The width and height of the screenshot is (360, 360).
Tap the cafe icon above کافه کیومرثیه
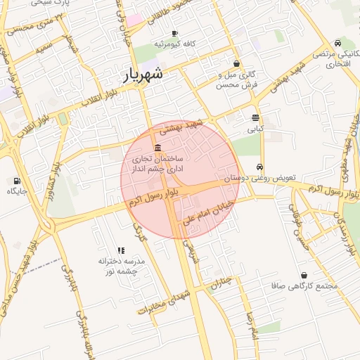[175, 33]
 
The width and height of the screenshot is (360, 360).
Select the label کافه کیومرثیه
[175, 44]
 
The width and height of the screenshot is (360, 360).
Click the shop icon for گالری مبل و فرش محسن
[237, 63]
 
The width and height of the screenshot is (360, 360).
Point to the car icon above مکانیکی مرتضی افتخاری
[338, 43]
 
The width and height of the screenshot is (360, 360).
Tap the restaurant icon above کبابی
[255, 118]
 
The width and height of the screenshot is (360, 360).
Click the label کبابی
[255, 129]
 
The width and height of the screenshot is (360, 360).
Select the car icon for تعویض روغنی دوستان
[260, 167]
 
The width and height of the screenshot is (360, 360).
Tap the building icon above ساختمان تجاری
[156, 148]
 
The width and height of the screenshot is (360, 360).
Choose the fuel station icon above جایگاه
[17, 181]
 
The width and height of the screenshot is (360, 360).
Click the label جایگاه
[17, 191]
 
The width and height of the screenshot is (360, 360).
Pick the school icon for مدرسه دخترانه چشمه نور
[121, 250]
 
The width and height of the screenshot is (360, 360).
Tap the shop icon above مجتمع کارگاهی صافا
[304, 275]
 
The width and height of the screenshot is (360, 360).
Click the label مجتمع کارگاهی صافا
[304, 286]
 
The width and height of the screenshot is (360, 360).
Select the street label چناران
[225, 283]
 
